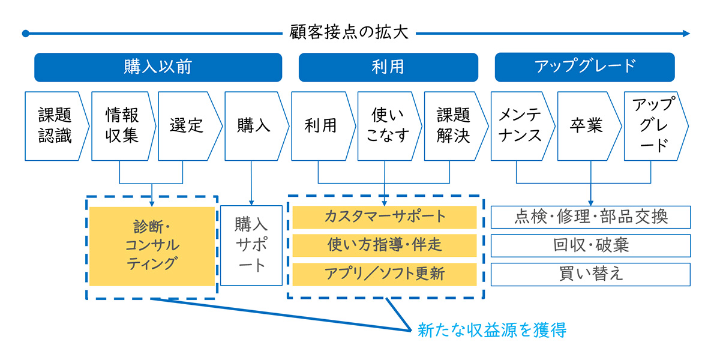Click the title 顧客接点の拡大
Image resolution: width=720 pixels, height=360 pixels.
[349, 32]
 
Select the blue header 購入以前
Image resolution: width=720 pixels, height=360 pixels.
[158, 67]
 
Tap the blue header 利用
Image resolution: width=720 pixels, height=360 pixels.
[388, 67]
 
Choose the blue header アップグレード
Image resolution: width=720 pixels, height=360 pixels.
[584, 67]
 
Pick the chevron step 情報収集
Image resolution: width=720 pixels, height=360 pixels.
[123, 126]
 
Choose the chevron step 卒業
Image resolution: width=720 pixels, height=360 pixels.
[589, 126]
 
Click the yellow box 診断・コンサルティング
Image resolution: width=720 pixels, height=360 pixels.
[152, 246]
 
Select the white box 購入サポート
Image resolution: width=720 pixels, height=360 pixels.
[251, 245]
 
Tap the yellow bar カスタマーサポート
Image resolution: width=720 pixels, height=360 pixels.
[385, 217]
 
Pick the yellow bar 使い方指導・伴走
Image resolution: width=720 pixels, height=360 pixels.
[385, 245]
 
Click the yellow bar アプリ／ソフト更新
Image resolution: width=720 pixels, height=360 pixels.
[385, 274]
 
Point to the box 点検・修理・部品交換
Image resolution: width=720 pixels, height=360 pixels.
[591, 217]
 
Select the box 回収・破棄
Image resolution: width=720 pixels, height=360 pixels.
[591, 245]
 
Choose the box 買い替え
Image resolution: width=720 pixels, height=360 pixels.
[591, 274]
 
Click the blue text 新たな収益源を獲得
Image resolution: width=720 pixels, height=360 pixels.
[492, 330]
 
